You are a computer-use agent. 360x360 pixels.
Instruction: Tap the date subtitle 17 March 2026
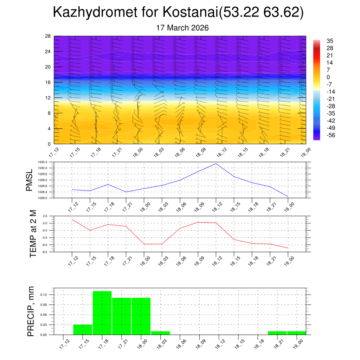pyautogui.click(x=182, y=28)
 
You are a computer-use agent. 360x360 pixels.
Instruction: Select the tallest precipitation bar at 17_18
pyautogui.click(x=102, y=313)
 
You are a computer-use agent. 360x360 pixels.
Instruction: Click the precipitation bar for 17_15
pyautogui.click(x=83, y=329)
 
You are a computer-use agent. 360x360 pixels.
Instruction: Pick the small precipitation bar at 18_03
pyautogui.click(x=161, y=333)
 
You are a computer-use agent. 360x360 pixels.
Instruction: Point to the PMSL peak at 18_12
pyautogui.click(x=216, y=164)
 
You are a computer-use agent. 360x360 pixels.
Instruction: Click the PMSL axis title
pyautogui.click(x=30, y=180)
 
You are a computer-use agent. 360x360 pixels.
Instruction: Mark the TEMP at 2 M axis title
pyautogui.click(x=33, y=234)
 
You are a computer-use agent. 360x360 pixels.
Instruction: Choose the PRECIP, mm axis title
pyautogui.click(x=31, y=311)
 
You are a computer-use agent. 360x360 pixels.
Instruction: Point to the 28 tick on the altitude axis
pyautogui.click(x=48, y=36)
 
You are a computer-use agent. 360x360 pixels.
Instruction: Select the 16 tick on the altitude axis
pyautogui.click(x=48, y=82)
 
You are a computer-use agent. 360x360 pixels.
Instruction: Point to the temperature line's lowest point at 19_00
pyautogui.click(x=288, y=248)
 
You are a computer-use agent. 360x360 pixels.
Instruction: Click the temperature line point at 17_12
pyautogui.click(x=72, y=219)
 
